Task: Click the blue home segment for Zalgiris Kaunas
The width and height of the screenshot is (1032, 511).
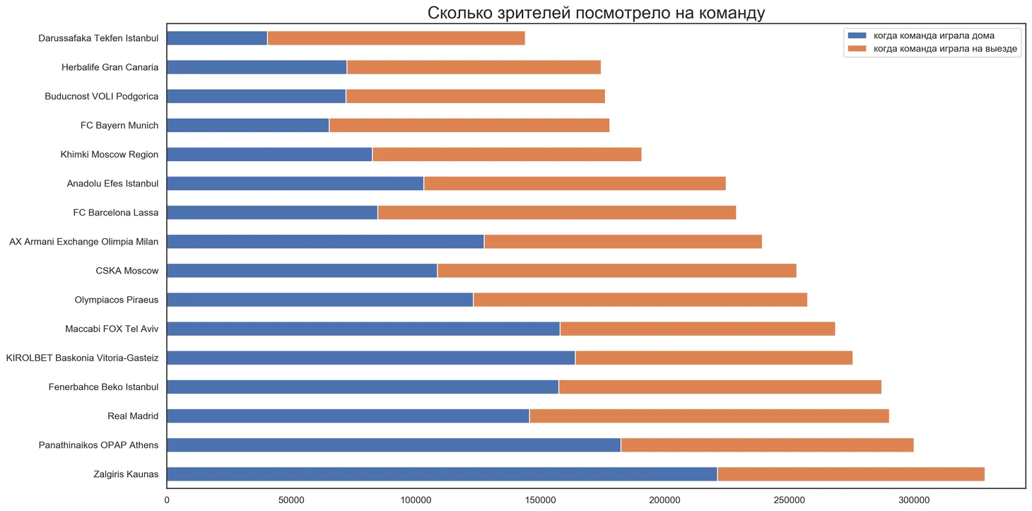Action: point(442,474)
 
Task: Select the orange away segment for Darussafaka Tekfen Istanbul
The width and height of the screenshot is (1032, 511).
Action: point(396,38)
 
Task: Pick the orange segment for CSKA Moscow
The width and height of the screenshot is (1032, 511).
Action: point(616,271)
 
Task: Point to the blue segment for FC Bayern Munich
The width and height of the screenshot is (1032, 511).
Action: point(248,126)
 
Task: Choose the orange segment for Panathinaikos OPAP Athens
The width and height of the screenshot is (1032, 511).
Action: point(767,445)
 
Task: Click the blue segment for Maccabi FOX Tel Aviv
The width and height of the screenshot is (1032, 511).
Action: point(363,329)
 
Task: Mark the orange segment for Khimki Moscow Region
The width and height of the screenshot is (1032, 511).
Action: point(507,155)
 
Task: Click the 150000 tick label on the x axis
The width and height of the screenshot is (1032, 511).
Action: point(540,500)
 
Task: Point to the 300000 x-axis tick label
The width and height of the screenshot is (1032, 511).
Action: point(913,500)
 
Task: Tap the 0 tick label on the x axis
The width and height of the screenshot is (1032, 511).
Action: point(167,500)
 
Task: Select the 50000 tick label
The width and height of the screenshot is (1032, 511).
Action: point(291,500)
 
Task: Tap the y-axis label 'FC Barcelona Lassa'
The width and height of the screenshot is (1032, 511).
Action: point(115,213)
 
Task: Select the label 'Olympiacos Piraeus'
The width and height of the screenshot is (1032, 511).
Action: point(116,300)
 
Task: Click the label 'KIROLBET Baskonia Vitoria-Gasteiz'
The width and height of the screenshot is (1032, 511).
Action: point(82,358)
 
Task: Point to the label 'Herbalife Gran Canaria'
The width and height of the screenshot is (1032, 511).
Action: point(110,68)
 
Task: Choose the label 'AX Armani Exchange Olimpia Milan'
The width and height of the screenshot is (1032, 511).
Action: point(83,242)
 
